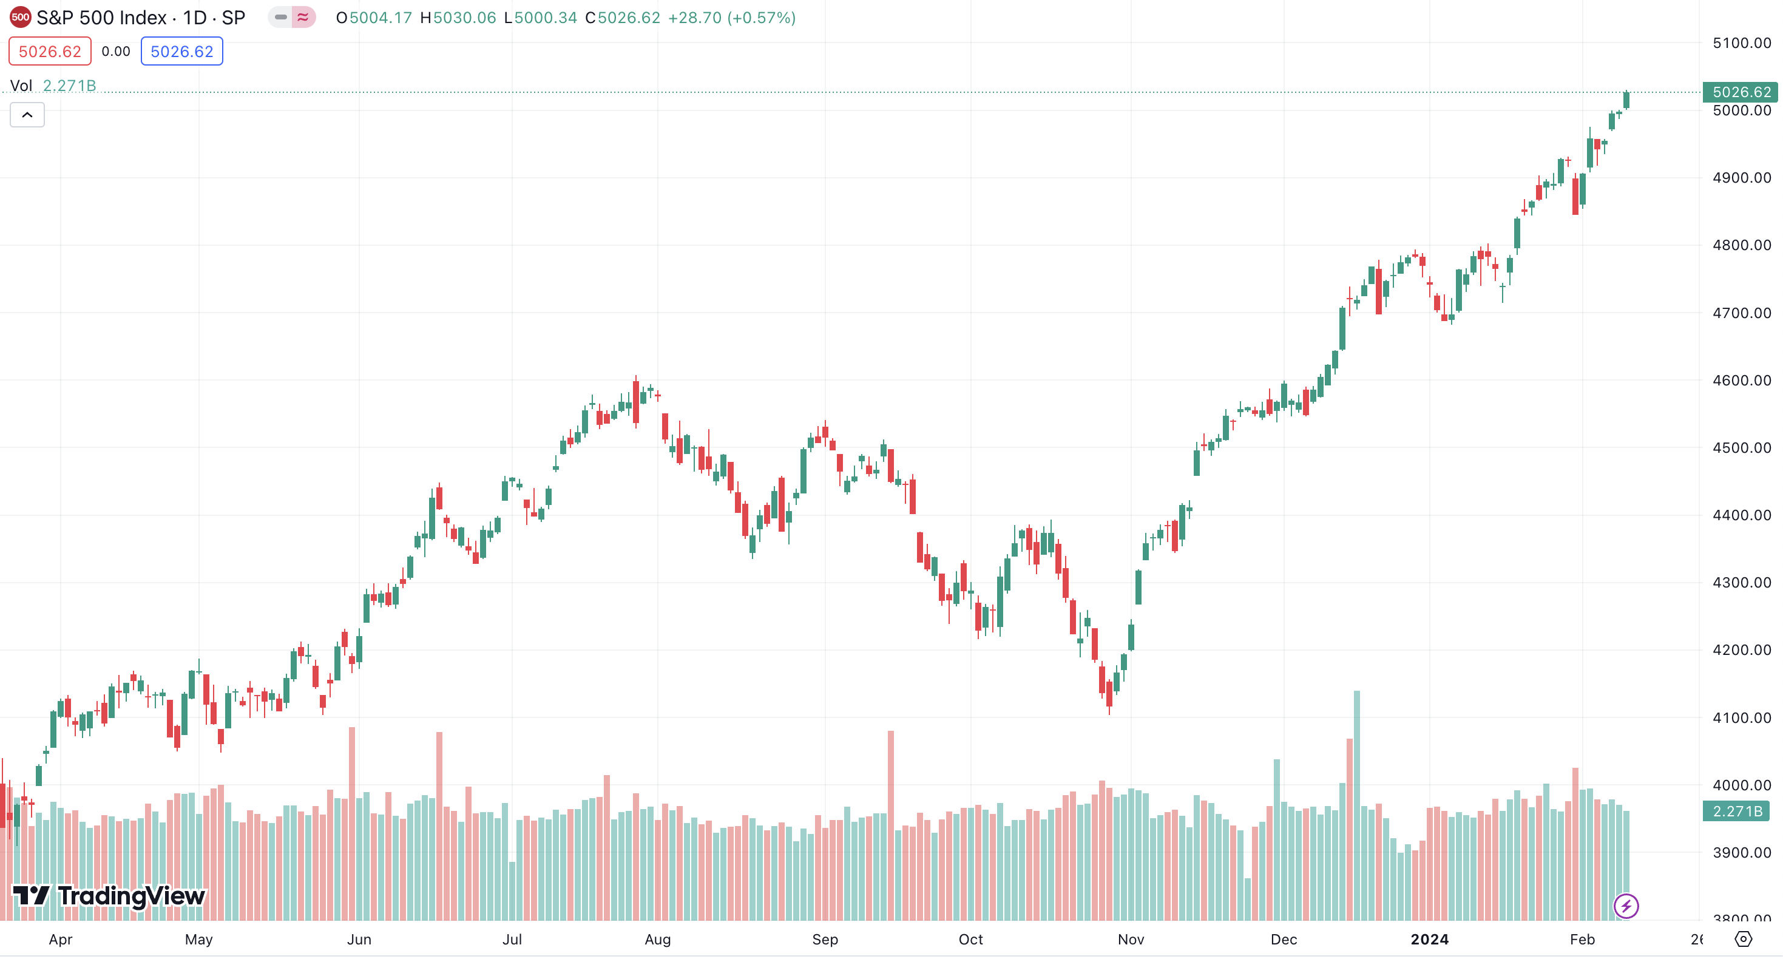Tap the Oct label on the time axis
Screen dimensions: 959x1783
tap(970, 940)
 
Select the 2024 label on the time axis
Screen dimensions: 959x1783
tap(1429, 940)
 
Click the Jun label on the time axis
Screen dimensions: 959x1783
tap(359, 940)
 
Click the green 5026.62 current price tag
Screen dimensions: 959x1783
tap(1740, 92)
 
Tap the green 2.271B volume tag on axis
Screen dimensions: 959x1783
tap(1736, 811)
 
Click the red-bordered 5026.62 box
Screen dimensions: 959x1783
tap(50, 51)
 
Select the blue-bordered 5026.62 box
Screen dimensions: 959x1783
tap(181, 51)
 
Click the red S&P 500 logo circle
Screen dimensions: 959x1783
tap(20, 18)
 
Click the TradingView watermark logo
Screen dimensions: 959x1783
tap(109, 896)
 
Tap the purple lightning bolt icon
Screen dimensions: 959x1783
tap(1626, 906)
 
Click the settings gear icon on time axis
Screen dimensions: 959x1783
tap(1743, 939)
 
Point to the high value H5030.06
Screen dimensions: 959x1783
tap(458, 18)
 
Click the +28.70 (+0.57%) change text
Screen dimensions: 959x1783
tap(732, 18)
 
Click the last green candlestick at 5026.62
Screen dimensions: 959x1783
tap(1626, 100)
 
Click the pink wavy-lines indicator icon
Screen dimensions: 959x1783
tap(303, 18)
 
